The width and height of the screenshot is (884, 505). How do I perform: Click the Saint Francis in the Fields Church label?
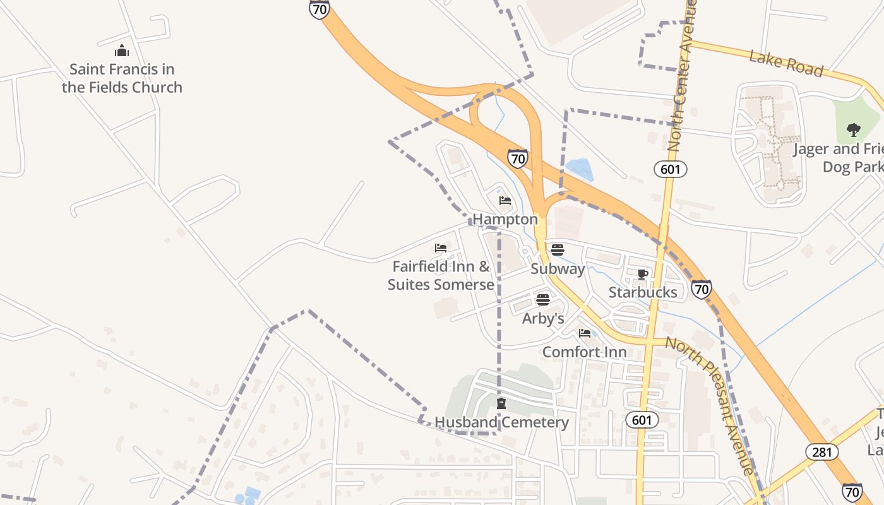122,78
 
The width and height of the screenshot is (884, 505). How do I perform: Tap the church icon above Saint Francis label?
122,51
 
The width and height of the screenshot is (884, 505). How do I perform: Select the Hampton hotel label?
505,219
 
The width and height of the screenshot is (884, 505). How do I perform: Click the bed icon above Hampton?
505,201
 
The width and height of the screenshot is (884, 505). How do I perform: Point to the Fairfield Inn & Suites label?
441,275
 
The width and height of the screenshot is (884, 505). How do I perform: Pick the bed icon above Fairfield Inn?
441,248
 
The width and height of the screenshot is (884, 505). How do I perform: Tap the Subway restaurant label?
558,268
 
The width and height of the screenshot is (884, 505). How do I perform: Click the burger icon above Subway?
557,249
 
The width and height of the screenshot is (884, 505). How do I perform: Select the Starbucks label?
643,292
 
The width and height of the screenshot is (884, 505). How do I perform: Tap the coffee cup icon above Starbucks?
643,274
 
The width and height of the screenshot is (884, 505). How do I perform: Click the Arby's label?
543,318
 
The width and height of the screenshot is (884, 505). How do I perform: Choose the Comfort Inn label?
585,352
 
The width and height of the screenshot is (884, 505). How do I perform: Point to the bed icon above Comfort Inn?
585,333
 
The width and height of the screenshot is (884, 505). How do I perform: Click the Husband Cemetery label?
502,422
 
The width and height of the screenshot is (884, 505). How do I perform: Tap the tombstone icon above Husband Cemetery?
501,403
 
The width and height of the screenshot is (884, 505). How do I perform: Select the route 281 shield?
822,451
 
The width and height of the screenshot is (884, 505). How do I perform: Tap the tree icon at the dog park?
854,131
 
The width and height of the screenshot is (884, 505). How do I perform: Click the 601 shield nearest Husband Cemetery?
643,420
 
